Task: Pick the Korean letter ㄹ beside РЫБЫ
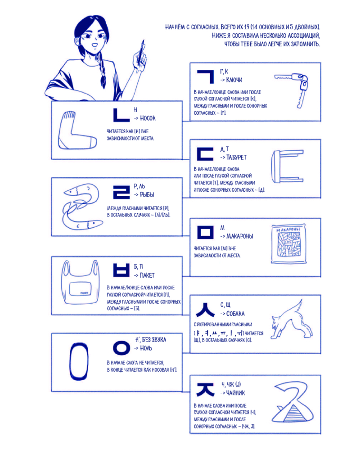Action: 121,192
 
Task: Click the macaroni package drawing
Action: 288,243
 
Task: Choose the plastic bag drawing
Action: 81,283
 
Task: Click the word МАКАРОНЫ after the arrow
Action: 240,236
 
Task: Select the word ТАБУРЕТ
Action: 236,157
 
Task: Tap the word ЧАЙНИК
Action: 235,393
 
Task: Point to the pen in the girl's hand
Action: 141,52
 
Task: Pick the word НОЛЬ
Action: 146,348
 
